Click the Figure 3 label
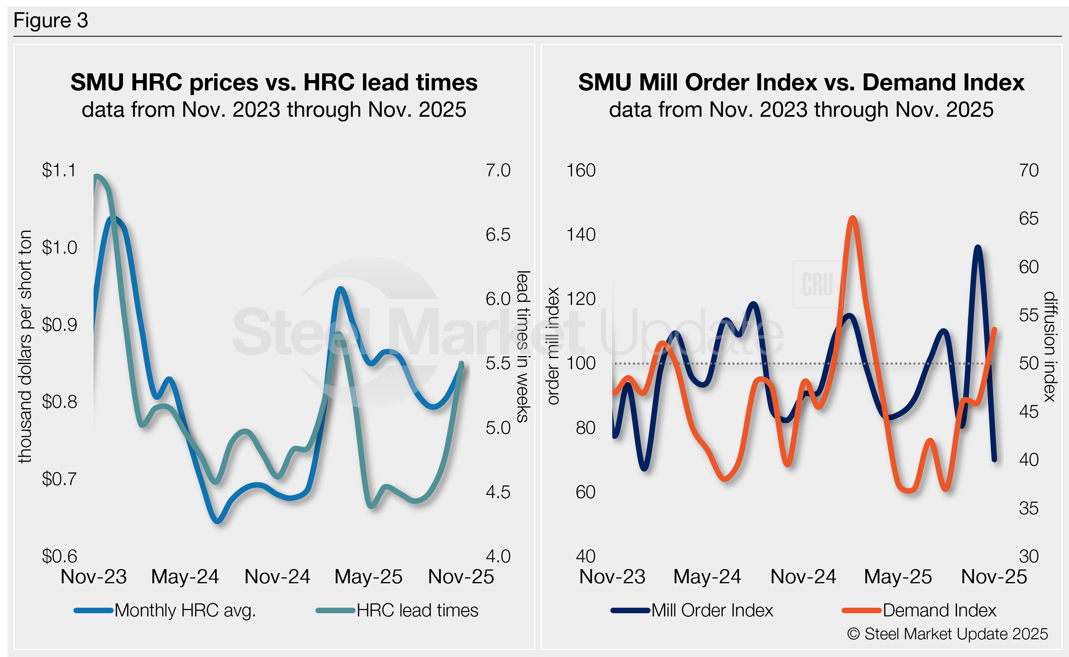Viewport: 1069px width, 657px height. tap(51, 21)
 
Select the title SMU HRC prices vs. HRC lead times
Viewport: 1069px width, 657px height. tap(274, 82)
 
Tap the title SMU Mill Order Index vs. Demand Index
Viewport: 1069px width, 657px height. tap(801, 82)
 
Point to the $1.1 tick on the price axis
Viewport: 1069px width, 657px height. tap(59, 170)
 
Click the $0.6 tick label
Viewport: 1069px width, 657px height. tap(59, 556)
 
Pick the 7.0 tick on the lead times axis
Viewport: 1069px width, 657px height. tap(498, 170)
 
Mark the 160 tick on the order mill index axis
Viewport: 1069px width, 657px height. tap(581, 170)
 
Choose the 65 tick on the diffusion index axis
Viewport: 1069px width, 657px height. tap(1029, 218)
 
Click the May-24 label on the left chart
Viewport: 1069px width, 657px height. tap(185, 577)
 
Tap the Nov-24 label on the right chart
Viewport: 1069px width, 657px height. tap(803, 577)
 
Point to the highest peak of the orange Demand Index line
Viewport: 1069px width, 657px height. tap(853, 218)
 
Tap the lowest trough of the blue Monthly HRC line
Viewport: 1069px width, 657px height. tap(218, 521)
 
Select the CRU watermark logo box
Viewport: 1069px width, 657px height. tap(818, 284)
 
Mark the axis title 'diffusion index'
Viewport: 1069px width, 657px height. tap(1049, 346)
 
